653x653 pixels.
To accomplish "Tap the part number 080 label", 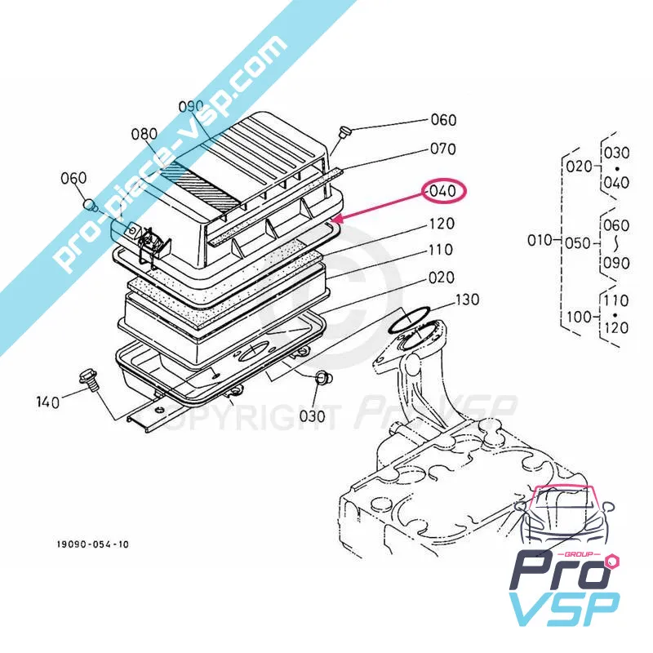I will click(143, 133).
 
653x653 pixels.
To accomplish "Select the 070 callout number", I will click(443, 149).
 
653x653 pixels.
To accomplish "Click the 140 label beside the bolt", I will click(48, 401).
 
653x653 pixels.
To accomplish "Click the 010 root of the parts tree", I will click(539, 240).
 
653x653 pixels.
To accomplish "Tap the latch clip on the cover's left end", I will click(149, 242).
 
